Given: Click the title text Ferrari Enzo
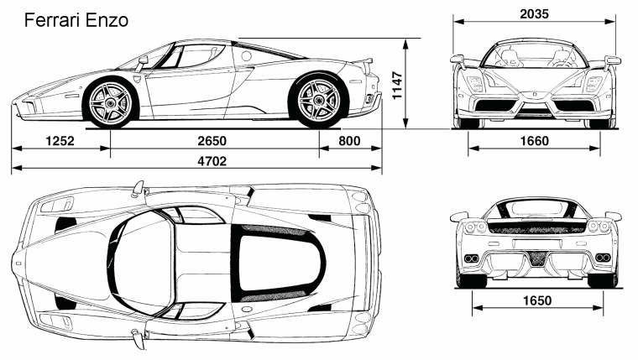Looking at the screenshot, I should coord(76,20).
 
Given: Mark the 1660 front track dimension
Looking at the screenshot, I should coord(535,141).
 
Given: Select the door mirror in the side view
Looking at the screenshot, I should coord(143,61).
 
